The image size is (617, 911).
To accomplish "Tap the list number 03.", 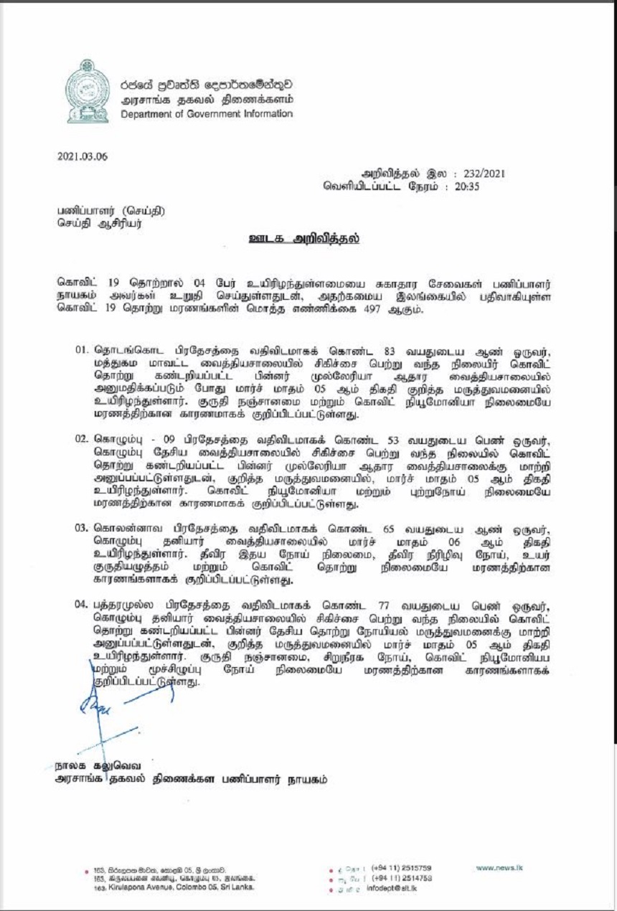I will (83, 528).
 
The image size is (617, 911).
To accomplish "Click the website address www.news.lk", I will (499, 867).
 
